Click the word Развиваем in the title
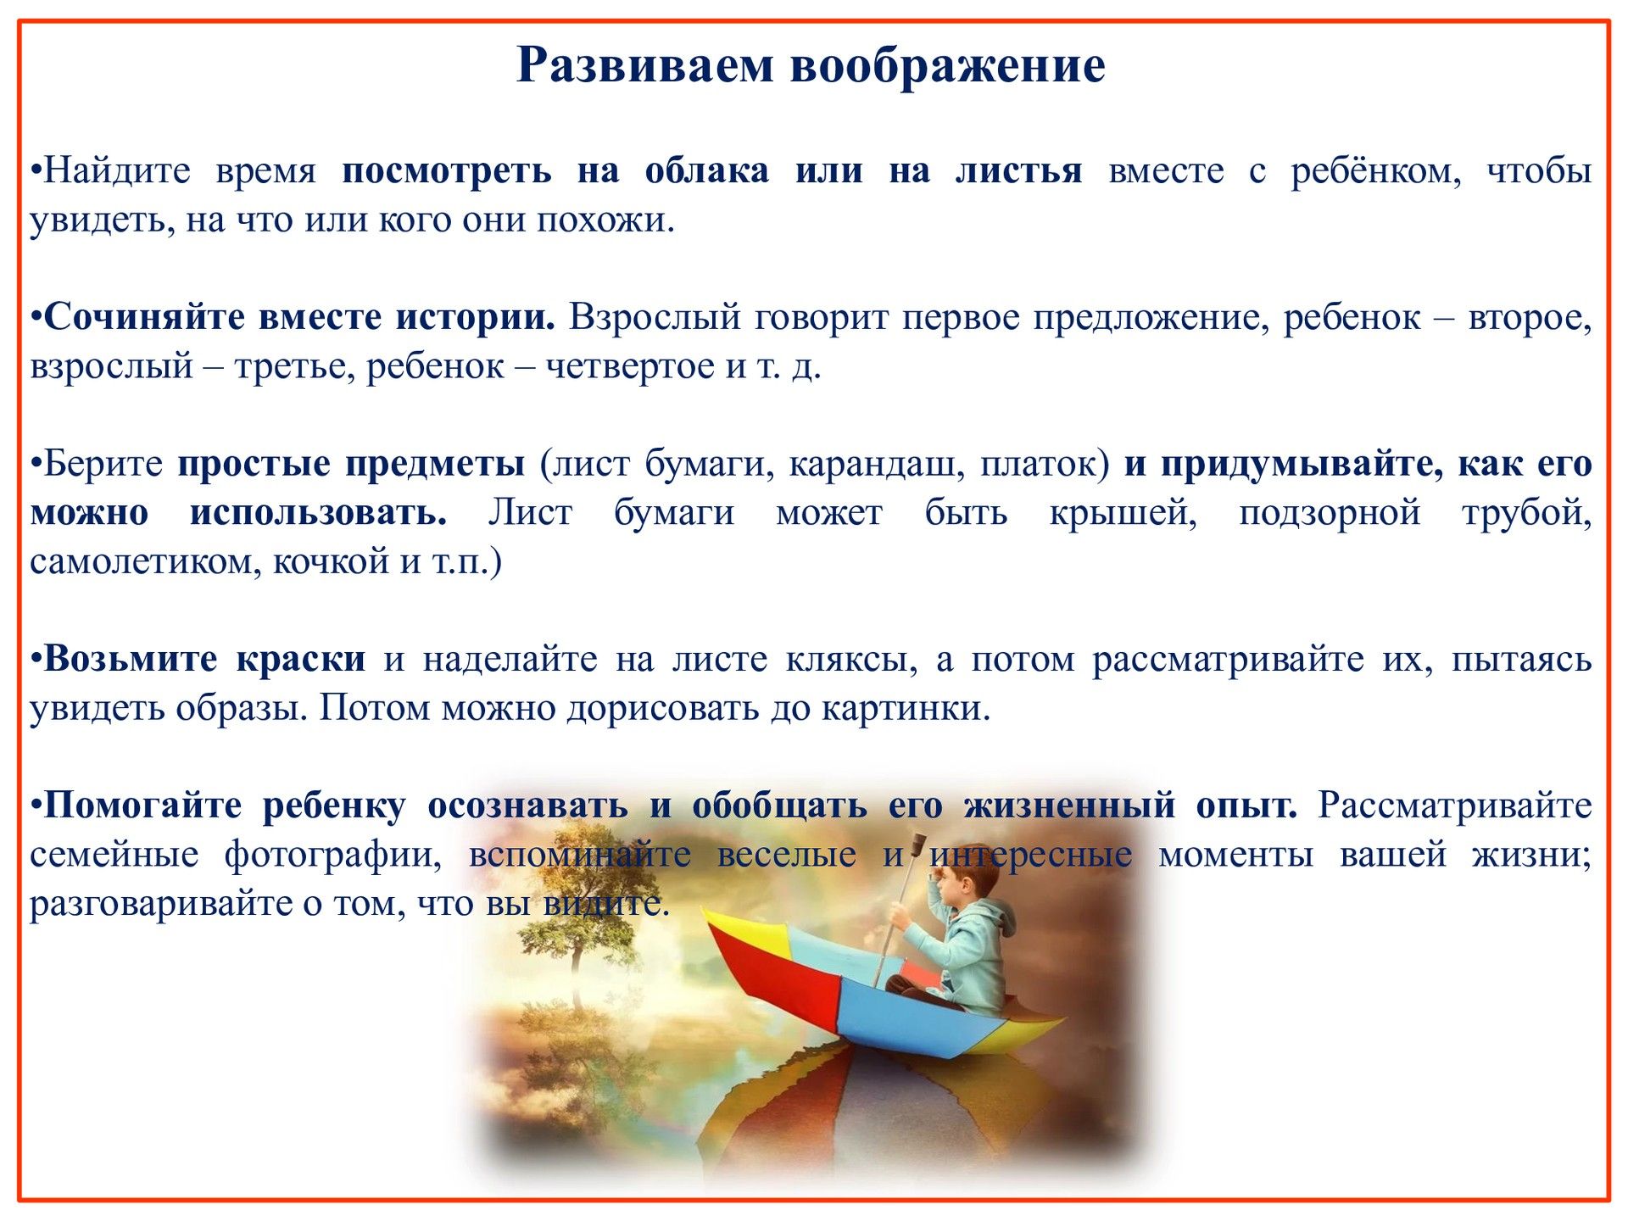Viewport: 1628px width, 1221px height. (x=645, y=65)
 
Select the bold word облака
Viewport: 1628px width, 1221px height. (x=707, y=170)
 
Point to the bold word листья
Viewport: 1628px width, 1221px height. (x=1019, y=170)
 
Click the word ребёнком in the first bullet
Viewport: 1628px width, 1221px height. (x=1376, y=171)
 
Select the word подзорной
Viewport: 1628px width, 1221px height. (x=1330, y=514)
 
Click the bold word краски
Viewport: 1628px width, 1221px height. (x=301, y=659)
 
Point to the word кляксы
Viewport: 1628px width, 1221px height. (x=851, y=660)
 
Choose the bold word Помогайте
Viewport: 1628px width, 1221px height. (x=142, y=806)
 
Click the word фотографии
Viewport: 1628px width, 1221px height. (x=333, y=856)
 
